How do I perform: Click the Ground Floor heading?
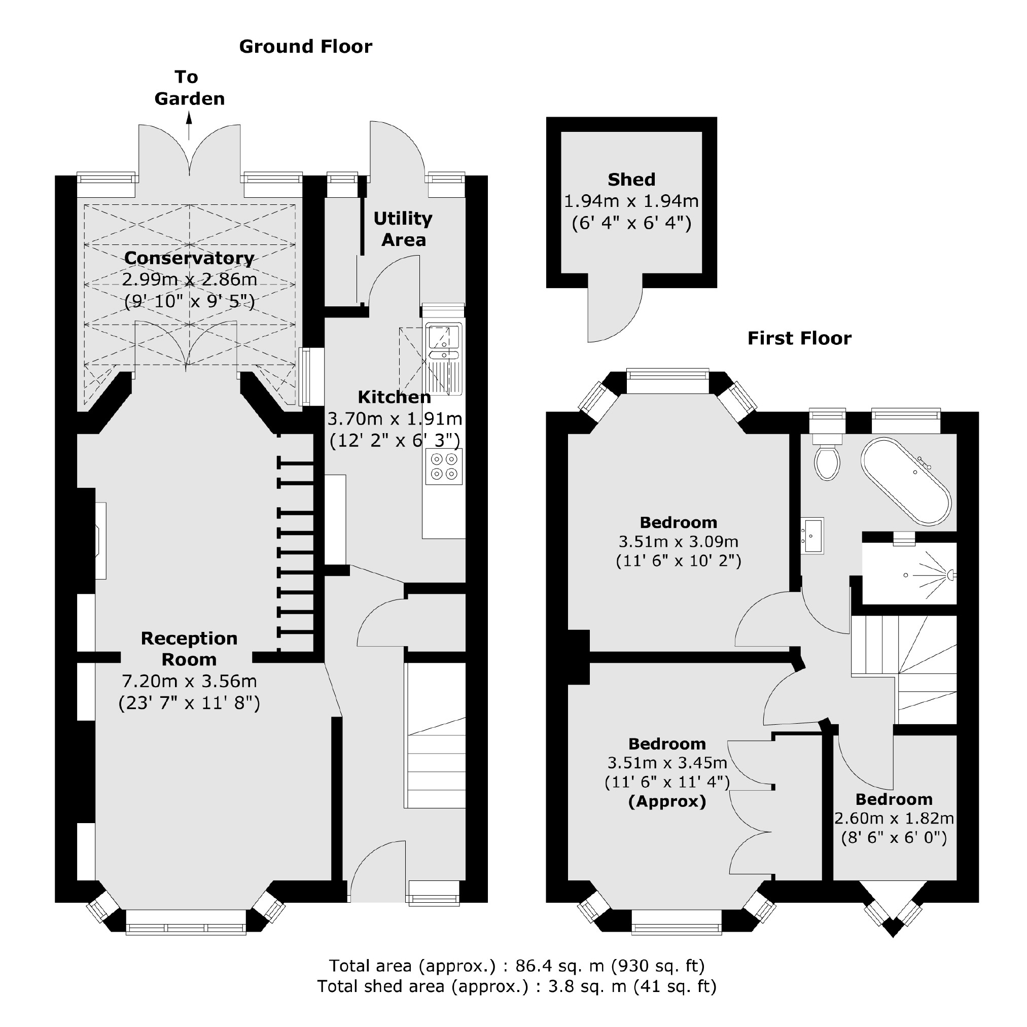[306, 47]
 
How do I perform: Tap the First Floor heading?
[799, 338]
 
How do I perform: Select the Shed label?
[631, 180]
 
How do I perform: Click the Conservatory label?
[189, 258]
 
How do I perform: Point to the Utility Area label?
[403, 229]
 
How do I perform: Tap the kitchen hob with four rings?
[444, 466]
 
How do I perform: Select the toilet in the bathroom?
[827, 462]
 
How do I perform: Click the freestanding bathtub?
[906, 481]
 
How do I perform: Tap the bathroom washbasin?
[813, 535]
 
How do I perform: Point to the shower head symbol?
[950, 575]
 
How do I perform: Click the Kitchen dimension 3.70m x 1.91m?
[395, 419]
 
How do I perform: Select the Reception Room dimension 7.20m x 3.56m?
[189, 681]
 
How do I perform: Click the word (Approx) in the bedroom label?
[667, 801]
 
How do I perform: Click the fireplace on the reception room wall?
[100, 540]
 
